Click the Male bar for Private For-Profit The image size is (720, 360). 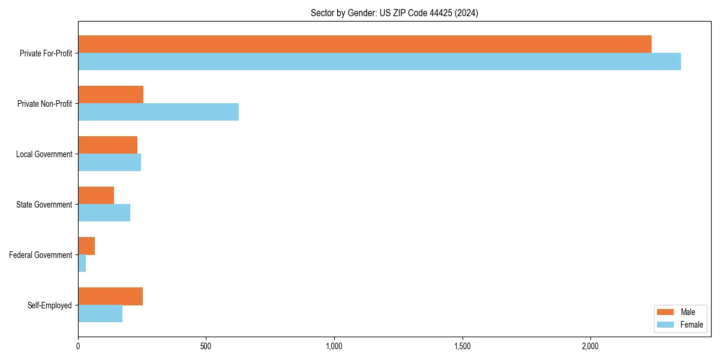[365, 44]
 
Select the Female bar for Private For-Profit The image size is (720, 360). [379, 62]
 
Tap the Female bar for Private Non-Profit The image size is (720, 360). [158, 112]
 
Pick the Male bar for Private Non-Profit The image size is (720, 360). [110, 94]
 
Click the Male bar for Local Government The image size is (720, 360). [107, 145]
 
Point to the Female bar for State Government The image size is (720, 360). [104, 213]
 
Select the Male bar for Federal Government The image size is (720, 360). [86, 245]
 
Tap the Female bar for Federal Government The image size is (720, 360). [82, 263]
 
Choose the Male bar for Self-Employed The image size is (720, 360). [110, 296]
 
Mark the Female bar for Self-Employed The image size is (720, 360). [100, 314]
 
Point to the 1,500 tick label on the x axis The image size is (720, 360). [462, 346]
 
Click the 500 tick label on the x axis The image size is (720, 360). [206, 346]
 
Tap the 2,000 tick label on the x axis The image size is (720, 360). [590, 346]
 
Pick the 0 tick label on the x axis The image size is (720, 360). [78, 346]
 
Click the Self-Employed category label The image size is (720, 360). [50, 305]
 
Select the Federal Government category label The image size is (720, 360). [41, 255]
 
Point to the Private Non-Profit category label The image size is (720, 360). [44, 104]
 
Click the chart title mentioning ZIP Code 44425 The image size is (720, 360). [394, 13]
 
